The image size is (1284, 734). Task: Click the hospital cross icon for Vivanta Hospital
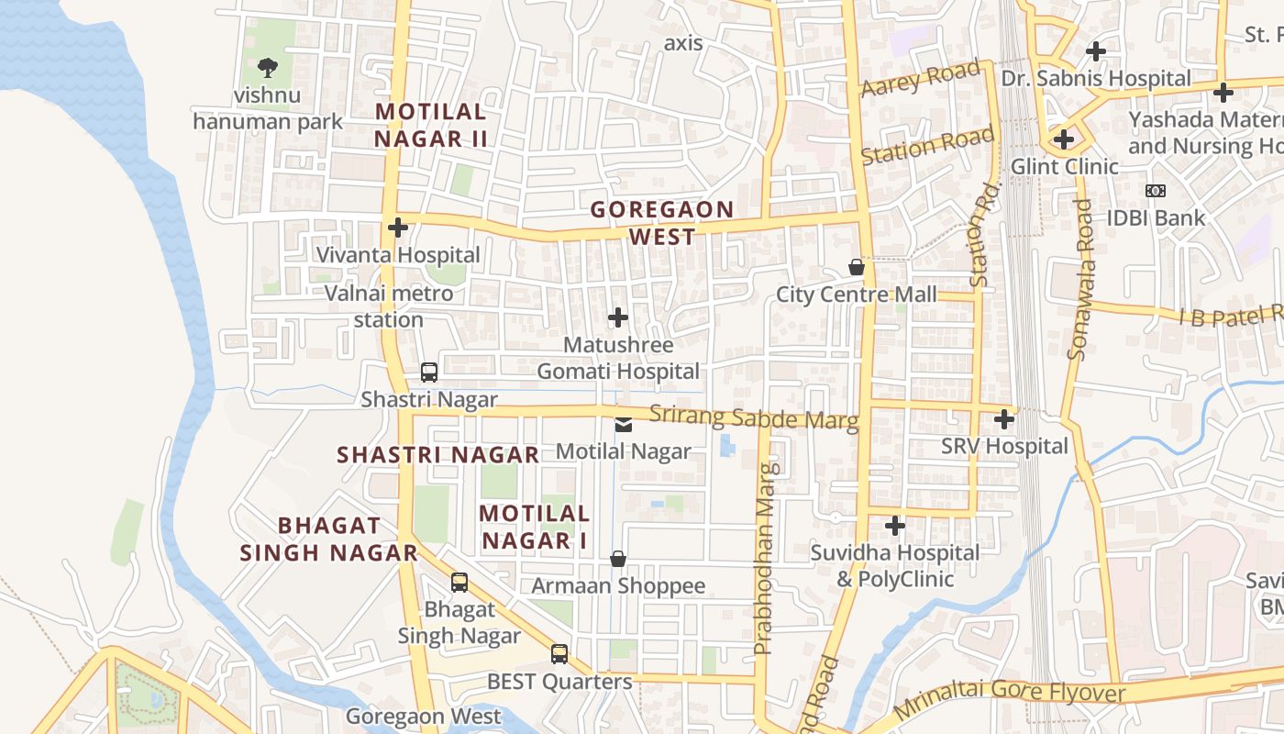pos(398,228)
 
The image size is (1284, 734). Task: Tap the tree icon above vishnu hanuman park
pos(268,67)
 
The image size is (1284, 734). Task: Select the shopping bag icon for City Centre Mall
pos(857,267)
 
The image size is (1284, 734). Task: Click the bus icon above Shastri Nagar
pos(429,373)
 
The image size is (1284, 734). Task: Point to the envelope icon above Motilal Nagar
pos(623,424)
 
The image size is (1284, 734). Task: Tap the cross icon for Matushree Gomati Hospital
pos(618,317)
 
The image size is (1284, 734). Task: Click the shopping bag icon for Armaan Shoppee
pos(618,559)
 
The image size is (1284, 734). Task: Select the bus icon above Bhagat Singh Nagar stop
pos(459,583)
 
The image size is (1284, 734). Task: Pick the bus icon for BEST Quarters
pos(559,654)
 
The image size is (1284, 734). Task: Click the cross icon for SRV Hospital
pos(1004,419)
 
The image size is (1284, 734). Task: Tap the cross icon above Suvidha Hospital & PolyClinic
pos(895,526)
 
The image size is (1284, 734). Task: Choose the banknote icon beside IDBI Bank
pos(1156,191)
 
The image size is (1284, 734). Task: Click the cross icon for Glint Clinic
pos(1064,139)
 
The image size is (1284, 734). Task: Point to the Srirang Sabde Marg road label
pos(754,417)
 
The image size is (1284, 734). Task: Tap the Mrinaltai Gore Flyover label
pos(1009,697)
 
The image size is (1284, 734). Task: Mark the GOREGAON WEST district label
pos(662,223)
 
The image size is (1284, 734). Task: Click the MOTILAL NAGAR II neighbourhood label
pos(430,125)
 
